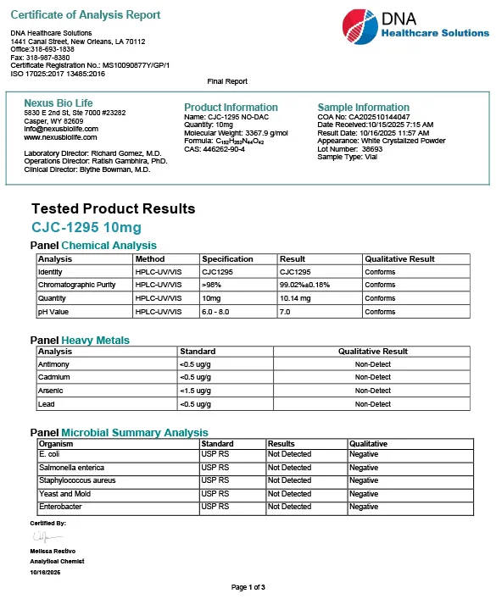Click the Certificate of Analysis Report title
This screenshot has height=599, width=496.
coord(86,15)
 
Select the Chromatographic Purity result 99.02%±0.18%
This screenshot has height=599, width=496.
coord(304,285)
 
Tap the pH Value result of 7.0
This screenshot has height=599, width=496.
coord(286,312)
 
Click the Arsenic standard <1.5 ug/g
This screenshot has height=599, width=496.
coord(197,391)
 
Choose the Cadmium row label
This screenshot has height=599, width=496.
coord(53,377)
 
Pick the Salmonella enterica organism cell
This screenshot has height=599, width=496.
coord(73,468)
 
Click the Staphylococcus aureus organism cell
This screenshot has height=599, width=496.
coord(77,480)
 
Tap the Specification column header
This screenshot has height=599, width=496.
coord(227,259)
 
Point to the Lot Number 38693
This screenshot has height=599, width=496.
coord(350,149)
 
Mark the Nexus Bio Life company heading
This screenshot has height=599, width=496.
coord(59,103)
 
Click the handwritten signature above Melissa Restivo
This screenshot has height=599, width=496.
coord(41,537)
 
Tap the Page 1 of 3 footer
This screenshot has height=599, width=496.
coord(248,586)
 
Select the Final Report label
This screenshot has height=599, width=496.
coord(227,81)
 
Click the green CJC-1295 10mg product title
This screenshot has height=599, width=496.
coord(86,227)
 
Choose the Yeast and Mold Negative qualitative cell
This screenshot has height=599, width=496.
coord(364,494)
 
